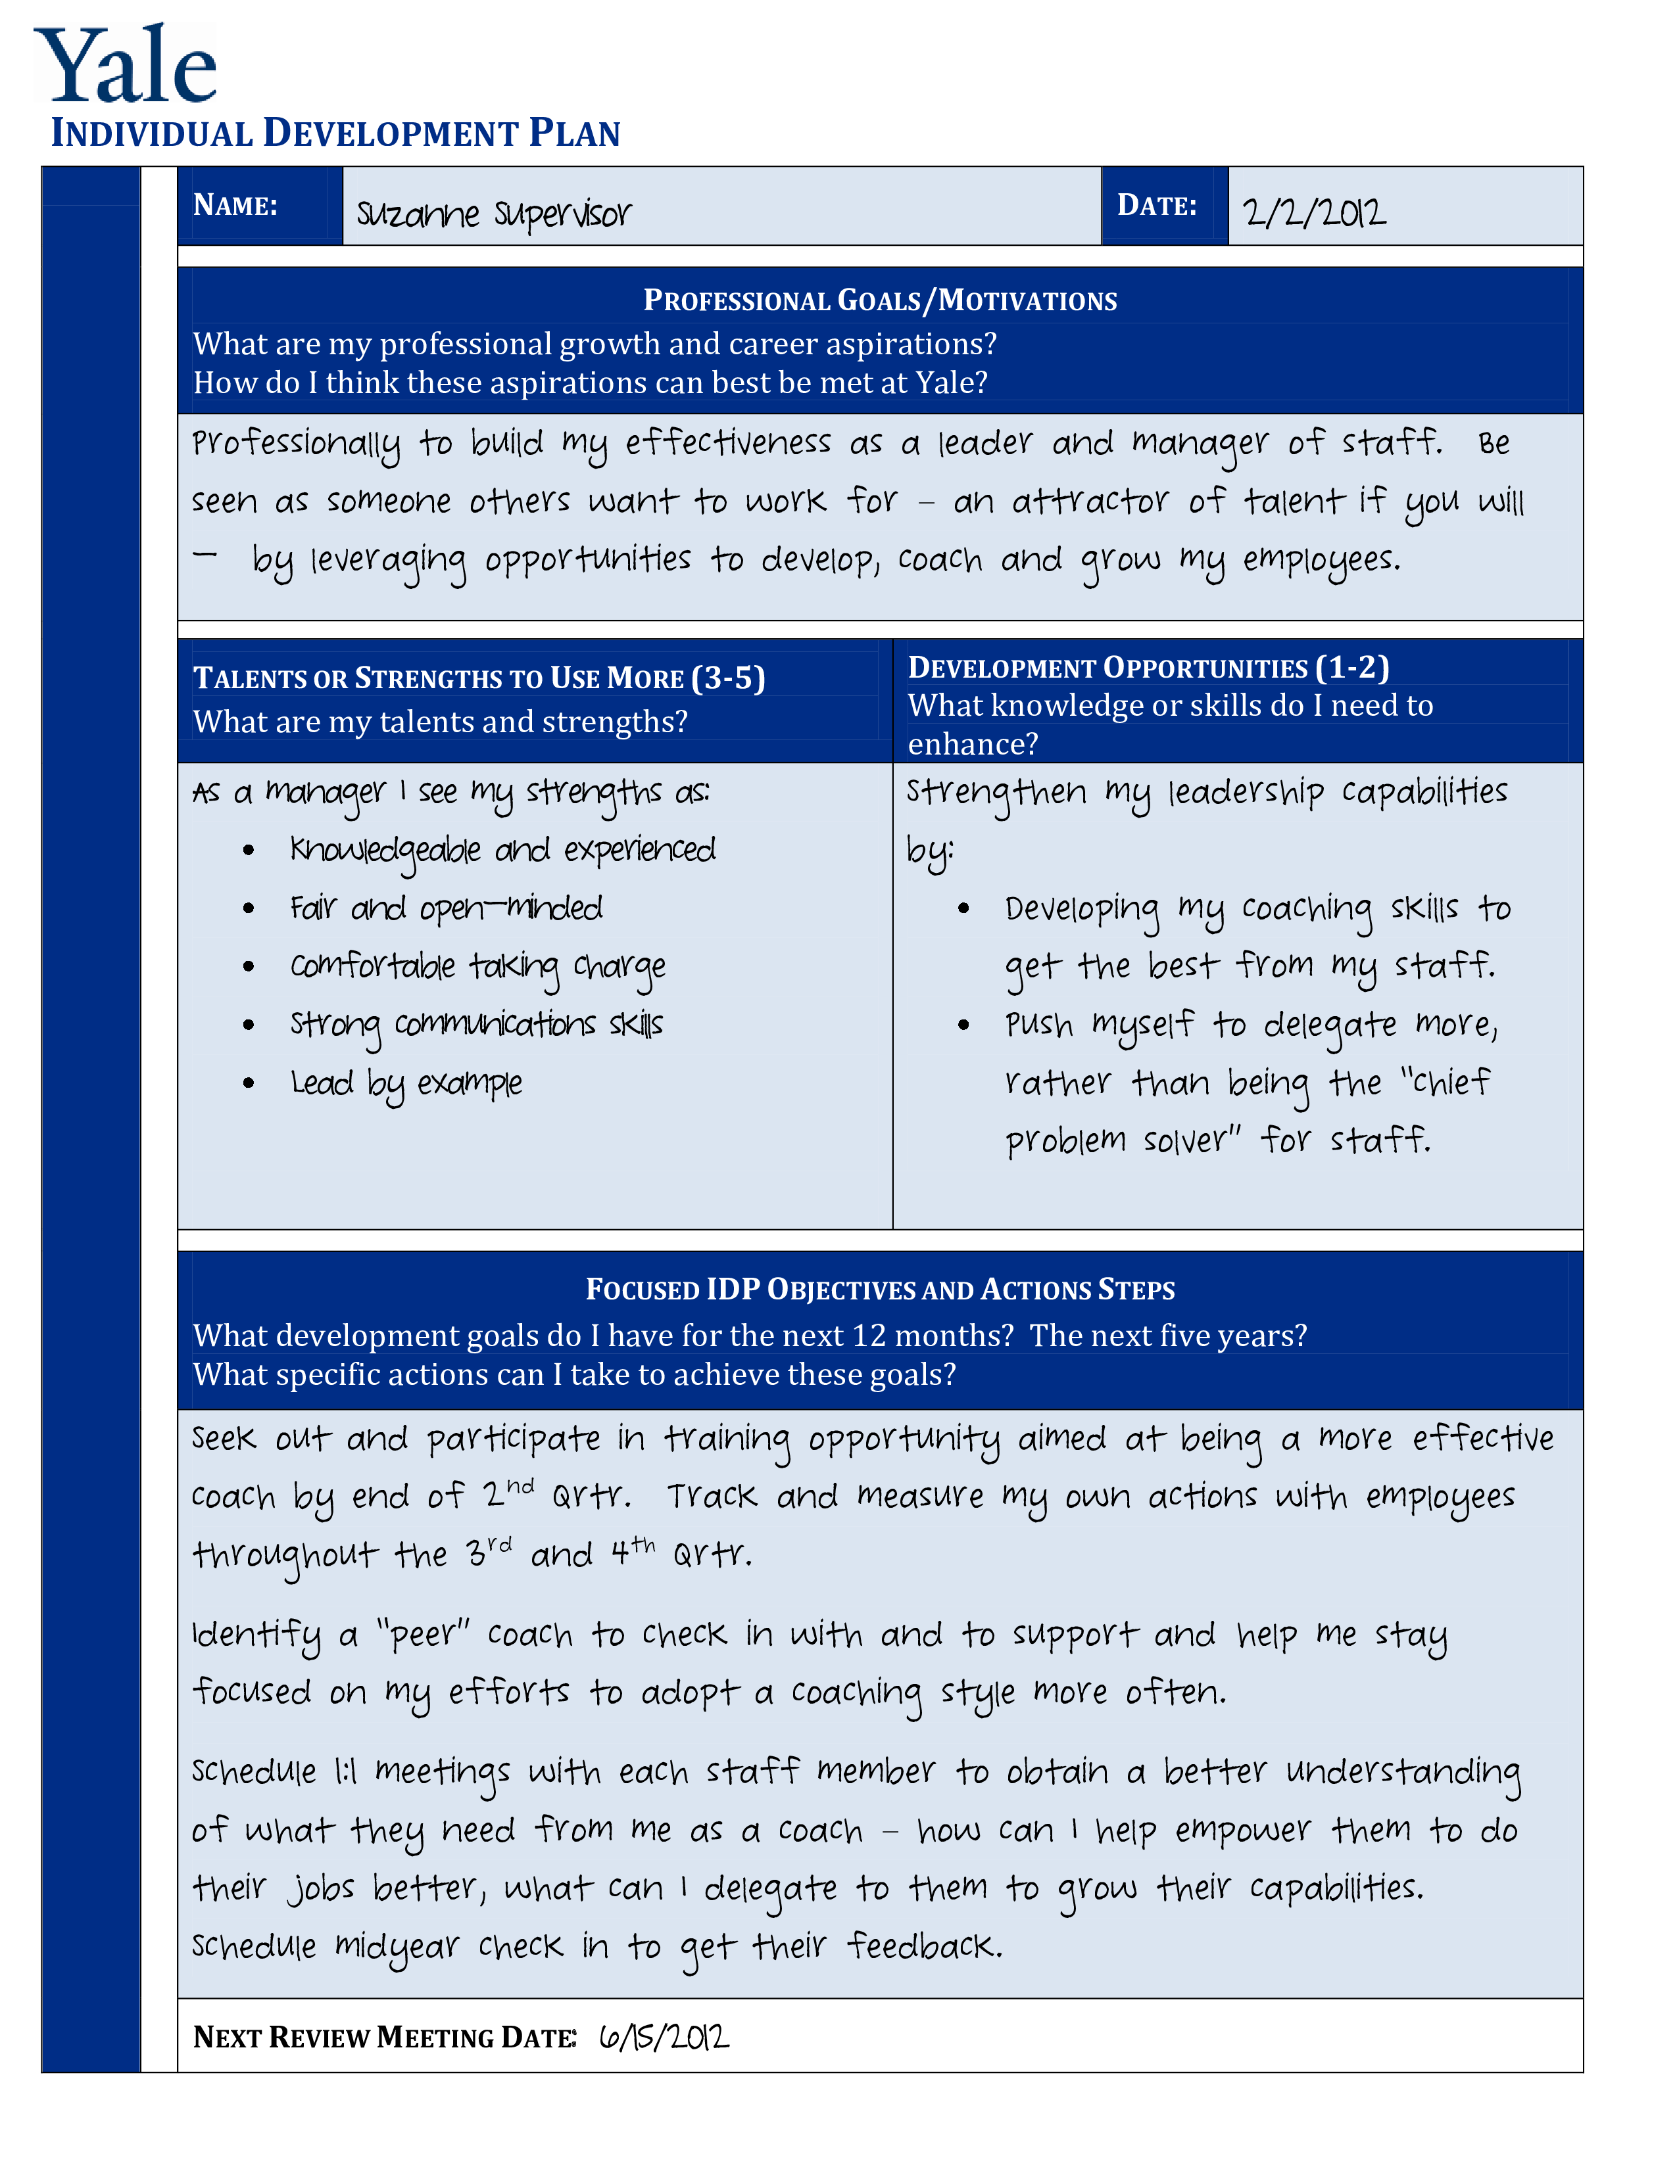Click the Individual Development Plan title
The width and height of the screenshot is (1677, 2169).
click(x=336, y=133)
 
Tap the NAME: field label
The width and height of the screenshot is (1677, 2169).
click(x=235, y=206)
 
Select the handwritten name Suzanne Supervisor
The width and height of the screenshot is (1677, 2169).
click(x=494, y=212)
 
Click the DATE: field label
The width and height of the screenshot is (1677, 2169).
click(x=1156, y=206)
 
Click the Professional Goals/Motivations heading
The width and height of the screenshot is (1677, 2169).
click(x=879, y=300)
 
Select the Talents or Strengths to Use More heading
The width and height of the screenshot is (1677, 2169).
click(x=479, y=678)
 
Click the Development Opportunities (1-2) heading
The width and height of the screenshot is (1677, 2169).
click(x=1148, y=667)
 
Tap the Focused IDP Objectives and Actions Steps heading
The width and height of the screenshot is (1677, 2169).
click(x=879, y=1289)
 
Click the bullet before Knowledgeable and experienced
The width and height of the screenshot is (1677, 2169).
click(x=249, y=850)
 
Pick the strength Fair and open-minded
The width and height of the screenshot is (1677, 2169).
click(x=446, y=908)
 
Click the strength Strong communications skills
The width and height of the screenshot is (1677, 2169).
click(x=476, y=1024)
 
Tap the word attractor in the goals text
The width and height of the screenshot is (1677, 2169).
click(x=1090, y=501)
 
